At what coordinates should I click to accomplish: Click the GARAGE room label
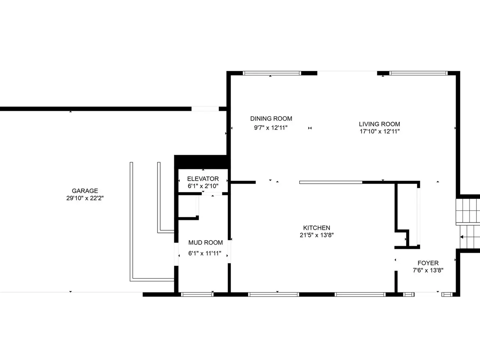coord(85,191)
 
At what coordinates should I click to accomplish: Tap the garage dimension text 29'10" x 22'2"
coord(85,198)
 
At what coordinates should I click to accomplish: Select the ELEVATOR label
coord(203,179)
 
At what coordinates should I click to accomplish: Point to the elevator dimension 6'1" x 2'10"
coord(203,186)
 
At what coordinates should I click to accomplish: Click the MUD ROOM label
coord(205,242)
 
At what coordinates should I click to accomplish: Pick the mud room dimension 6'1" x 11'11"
coord(205,253)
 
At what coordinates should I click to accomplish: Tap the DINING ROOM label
coord(271,119)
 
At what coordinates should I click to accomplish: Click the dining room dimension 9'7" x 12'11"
coord(271,127)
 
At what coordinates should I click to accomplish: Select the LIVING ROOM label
coord(379,124)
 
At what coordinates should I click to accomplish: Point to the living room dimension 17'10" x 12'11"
coord(379,131)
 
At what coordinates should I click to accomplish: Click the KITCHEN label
coord(316,228)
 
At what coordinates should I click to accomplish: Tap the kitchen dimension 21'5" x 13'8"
coord(316,235)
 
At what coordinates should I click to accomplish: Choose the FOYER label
coord(428,263)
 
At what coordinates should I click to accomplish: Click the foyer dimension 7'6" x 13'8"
coord(428,270)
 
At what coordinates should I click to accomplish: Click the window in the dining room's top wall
coord(272,73)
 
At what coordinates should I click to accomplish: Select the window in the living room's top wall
coord(418,73)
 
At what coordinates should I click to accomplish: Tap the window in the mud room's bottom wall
coord(197,294)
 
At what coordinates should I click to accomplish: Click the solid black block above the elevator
coord(202,162)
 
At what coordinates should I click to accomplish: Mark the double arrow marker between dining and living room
coord(310,128)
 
